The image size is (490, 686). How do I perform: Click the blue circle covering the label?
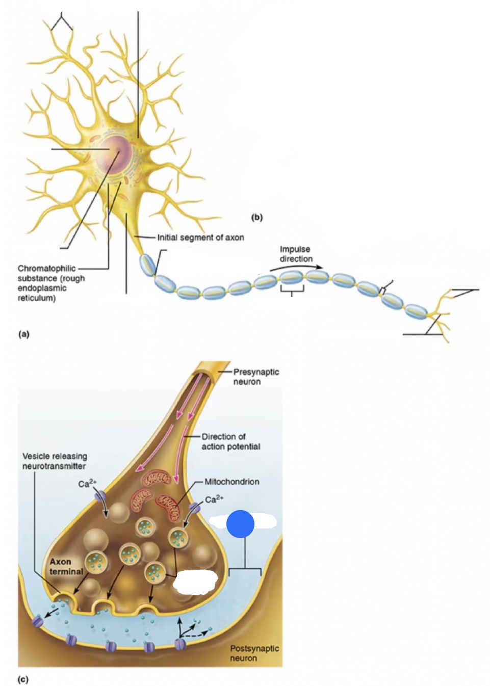click(x=240, y=524)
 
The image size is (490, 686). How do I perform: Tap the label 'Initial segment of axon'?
click(x=200, y=238)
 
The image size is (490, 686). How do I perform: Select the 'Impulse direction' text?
click(x=295, y=254)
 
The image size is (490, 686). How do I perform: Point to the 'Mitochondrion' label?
click(x=231, y=482)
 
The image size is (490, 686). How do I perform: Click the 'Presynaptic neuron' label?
click(x=255, y=377)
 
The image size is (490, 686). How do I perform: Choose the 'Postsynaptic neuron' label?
click(x=254, y=653)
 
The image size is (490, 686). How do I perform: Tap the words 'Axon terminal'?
click(x=65, y=566)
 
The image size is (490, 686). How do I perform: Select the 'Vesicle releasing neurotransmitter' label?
click(x=55, y=461)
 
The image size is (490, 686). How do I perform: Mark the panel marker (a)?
click(x=23, y=334)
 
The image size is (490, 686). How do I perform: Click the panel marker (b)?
click(x=257, y=217)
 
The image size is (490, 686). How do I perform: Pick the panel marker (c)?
click(x=23, y=679)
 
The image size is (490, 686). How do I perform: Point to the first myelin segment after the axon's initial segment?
click(x=147, y=265)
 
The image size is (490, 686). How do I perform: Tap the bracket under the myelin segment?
click(x=292, y=291)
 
